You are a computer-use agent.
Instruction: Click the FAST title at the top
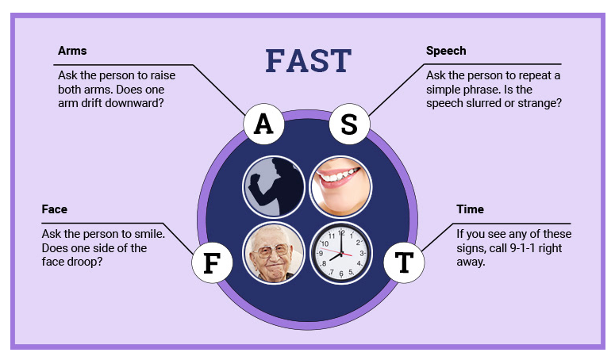[308, 61]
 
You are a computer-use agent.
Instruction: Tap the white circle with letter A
[263, 124]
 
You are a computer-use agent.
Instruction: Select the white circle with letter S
[349, 124]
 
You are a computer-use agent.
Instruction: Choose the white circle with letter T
[404, 262]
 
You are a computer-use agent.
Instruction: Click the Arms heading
[72, 51]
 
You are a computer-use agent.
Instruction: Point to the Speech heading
[446, 51]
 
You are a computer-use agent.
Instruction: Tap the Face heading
[55, 209]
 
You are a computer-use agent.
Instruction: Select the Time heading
[470, 209]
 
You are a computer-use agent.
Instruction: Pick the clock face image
[340, 253]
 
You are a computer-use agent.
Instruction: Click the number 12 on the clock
[340, 232]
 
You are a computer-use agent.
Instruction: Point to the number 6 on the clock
[340, 274]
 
